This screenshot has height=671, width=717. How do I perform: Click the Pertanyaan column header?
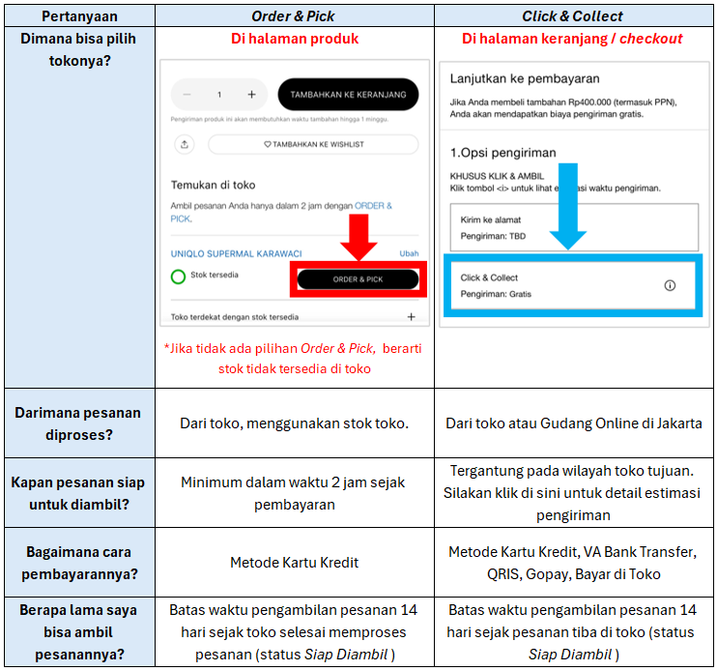(x=77, y=15)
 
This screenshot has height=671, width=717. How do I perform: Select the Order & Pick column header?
(x=294, y=15)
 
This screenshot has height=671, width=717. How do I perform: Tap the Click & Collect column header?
(x=573, y=15)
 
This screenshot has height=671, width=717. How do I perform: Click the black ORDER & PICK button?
(x=358, y=279)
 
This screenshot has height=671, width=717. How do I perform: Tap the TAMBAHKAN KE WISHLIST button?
(x=313, y=144)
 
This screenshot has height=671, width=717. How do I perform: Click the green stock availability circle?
(x=178, y=277)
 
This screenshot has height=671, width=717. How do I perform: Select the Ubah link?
(x=409, y=253)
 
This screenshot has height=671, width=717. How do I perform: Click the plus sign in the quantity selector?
(x=251, y=95)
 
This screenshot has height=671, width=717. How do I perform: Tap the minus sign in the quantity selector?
(x=187, y=95)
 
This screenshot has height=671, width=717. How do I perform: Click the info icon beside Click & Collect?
(x=670, y=285)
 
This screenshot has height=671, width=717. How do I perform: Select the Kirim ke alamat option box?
(x=574, y=227)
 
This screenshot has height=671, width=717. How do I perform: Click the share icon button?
(x=185, y=144)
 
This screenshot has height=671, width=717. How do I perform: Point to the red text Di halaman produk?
(x=294, y=39)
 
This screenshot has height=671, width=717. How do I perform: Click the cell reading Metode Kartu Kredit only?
(x=294, y=562)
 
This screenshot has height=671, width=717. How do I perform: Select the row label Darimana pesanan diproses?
(x=77, y=423)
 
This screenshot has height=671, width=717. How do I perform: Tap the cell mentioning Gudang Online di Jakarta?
(x=573, y=423)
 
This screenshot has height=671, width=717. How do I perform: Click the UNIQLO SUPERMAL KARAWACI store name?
(x=236, y=253)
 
